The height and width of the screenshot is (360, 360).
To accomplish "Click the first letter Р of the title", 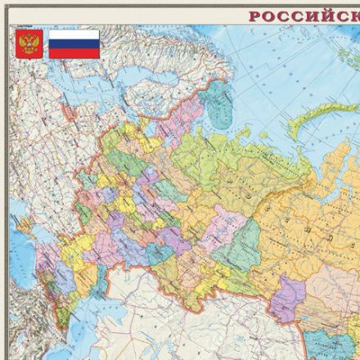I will pos(255,16).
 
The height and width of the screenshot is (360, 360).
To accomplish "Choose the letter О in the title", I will pos(269,16).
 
